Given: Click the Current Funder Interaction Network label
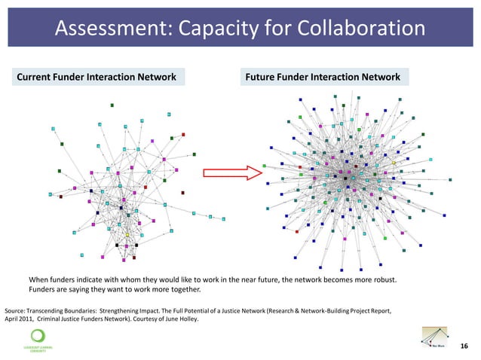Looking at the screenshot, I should pos(97,77).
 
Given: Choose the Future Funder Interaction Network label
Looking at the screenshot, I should pos(323,77).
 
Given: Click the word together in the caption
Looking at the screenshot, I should pos(182,290).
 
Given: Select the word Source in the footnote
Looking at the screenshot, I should pos(17,310).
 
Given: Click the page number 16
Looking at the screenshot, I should pos(463,346).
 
